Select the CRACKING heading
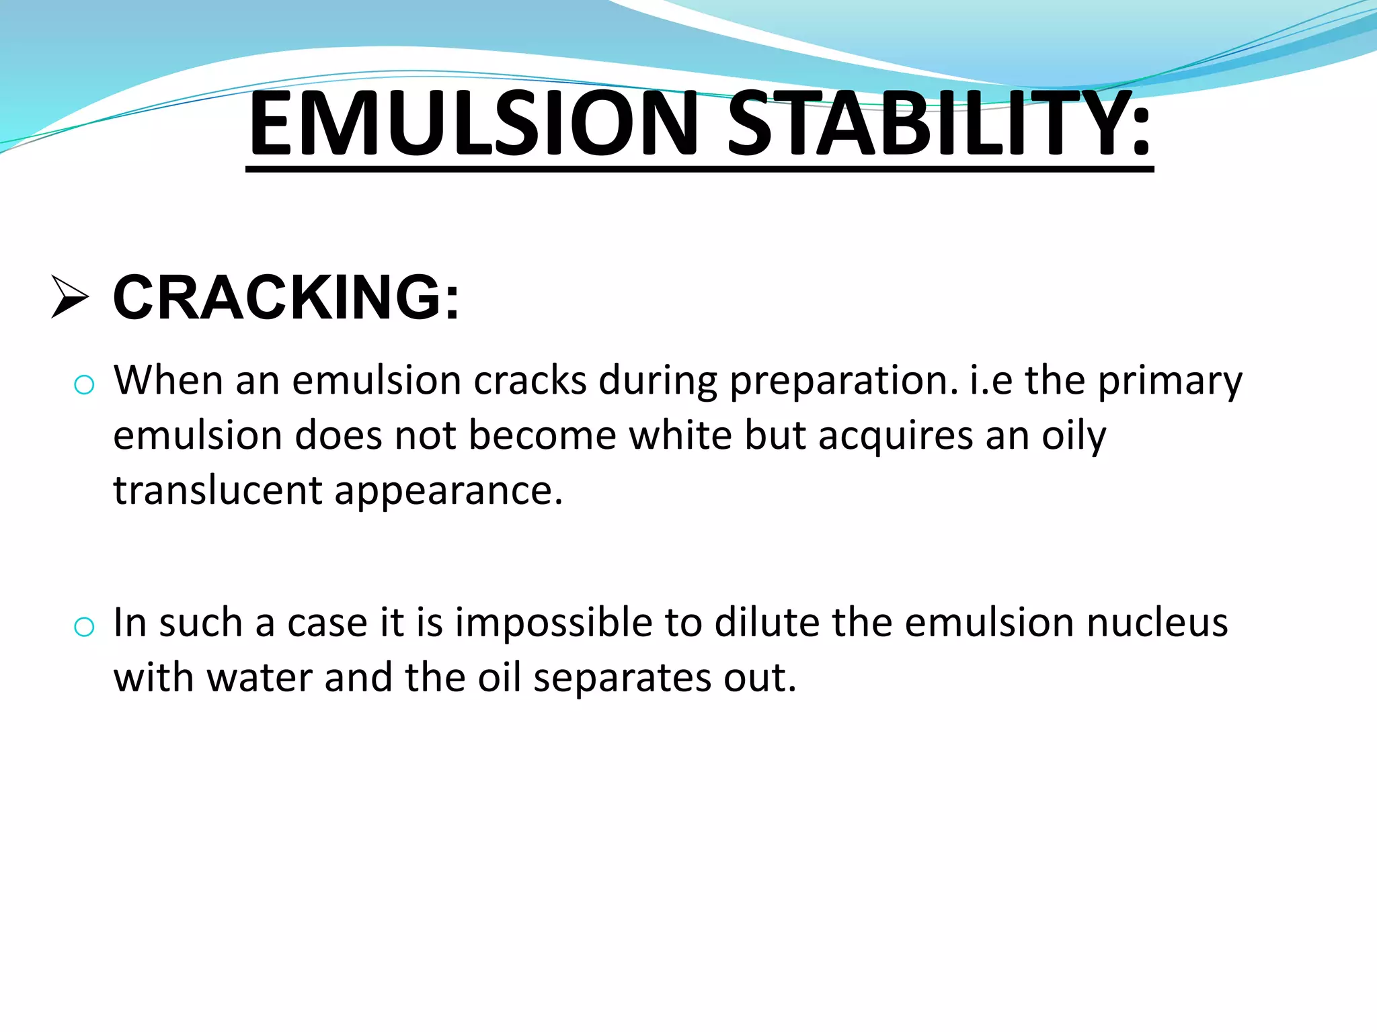coord(286,298)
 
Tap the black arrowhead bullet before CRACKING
coord(70,297)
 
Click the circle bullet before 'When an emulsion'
coord(84,385)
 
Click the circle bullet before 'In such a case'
coord(84,627)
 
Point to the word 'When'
coord(168,380)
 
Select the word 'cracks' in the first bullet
coord(530,380)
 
